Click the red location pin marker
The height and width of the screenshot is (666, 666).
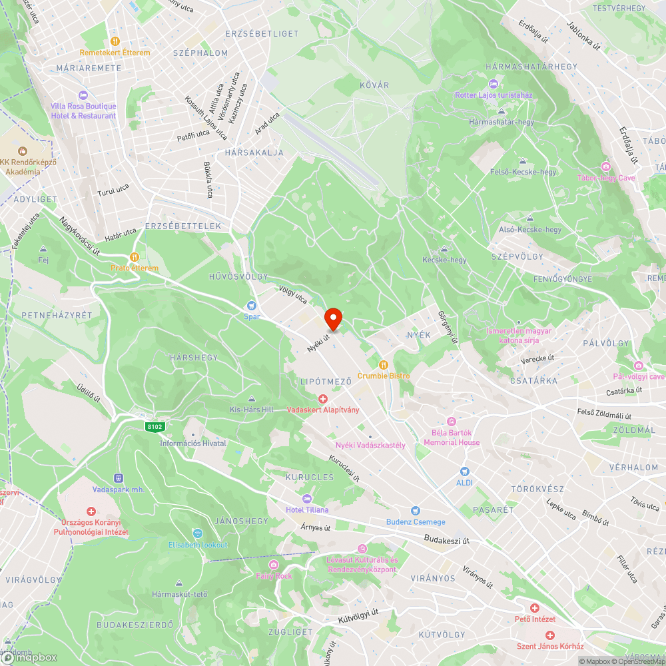click(x=333, y=318)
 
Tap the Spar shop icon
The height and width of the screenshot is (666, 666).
click(x=252, y=305)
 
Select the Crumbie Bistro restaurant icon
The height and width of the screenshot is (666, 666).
click(x=384, y=364)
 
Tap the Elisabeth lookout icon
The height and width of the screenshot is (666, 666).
click(x=197, y=533)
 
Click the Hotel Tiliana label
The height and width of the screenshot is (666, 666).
click(x=307, y=509)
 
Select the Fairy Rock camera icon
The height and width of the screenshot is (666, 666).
click(x=274, y=565)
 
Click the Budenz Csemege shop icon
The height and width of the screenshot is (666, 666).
click(x=416, y=511)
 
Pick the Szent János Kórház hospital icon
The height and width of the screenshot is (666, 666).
click(x=550, y=635)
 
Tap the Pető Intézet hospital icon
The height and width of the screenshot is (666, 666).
click(x=534, y=608)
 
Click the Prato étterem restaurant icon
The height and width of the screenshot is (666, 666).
click(x=135, y=257)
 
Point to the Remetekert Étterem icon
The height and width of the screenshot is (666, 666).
click(x=115, y=41)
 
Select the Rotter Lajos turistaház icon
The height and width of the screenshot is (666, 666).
click(x=493, y=84)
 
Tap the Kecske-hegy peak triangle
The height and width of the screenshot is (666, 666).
click(x=444, y=250)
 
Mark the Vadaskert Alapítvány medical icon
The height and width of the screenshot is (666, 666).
click(x=323, y=398)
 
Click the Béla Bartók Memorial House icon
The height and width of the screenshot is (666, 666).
click(x=451, y=422)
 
